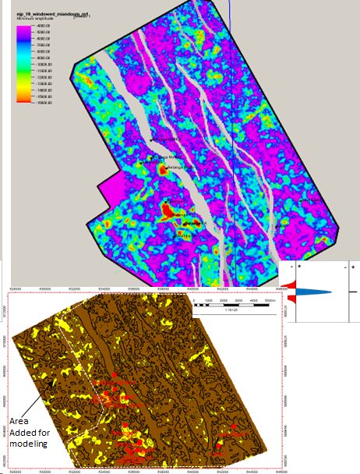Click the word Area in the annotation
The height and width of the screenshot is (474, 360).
click(18, 419)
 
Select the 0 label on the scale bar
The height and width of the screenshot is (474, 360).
click(196, 300)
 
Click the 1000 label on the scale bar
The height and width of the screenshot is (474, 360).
click(208, 300)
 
